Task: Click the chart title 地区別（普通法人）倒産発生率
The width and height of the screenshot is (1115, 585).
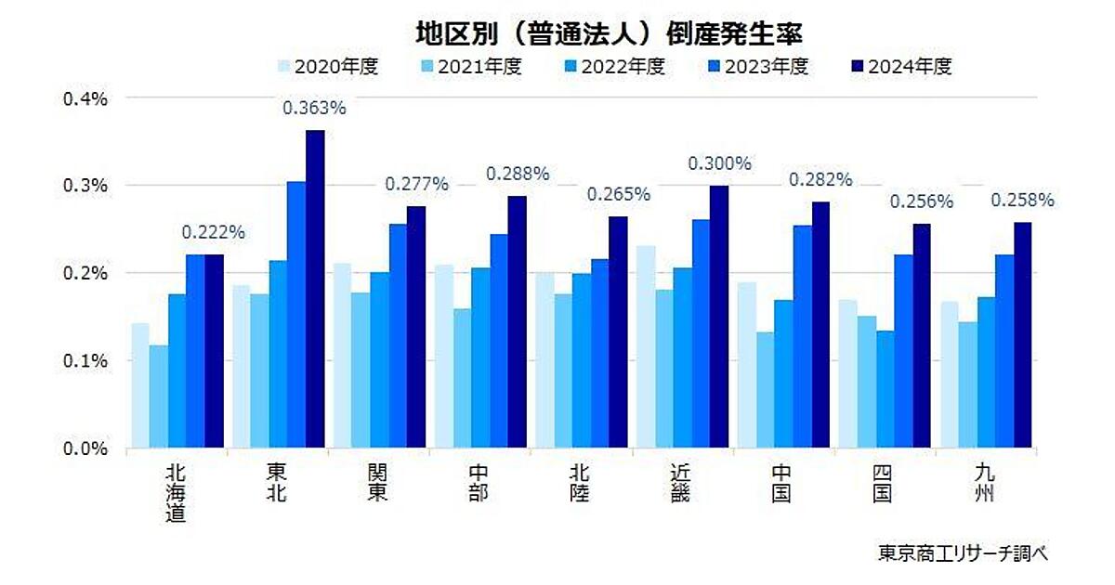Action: point(608,33)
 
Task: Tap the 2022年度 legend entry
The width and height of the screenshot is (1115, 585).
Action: point(614,67)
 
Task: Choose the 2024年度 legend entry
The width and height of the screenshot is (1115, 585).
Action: point(901,67)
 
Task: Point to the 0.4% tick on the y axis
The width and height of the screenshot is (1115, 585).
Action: point(85,97)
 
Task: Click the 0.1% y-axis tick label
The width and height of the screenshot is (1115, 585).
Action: point(85,360)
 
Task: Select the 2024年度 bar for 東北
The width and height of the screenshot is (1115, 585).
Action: point(315,290)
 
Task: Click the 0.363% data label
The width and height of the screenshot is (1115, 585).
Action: point(314,109)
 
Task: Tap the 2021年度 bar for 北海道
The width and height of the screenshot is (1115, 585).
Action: point(158,396)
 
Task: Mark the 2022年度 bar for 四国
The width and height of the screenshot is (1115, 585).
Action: point(884,389)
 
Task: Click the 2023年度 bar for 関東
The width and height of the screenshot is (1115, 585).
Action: point(398,336)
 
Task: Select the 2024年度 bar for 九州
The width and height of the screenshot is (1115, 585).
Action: point(1022,335)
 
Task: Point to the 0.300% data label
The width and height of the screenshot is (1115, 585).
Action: point(719,164)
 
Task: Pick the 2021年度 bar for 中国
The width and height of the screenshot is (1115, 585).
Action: point(765,390)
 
